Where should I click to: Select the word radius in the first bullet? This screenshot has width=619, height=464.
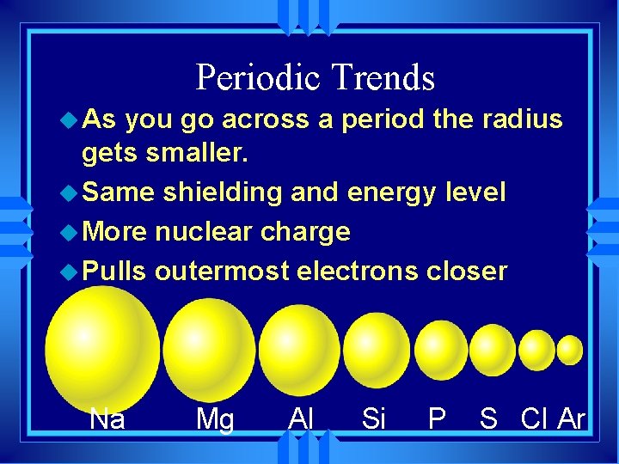click(523, 119)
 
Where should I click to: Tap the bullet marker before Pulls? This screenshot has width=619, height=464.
click(71, 272)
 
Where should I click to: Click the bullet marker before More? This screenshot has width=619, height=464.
click(71, 232)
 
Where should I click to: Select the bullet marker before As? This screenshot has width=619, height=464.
click(71, 120)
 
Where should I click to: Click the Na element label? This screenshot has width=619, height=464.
click(107, 418)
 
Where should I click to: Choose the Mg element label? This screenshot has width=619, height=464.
click(214, 419)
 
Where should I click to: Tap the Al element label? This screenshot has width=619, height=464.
click(301, 418)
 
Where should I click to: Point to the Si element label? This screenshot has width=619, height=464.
click(374, 418)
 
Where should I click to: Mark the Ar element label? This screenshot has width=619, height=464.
click(572, 418)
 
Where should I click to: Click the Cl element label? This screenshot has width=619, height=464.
click(535, 418)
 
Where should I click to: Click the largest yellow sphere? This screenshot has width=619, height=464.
click(102, 348)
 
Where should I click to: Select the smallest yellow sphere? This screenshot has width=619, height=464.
click(570, 350)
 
